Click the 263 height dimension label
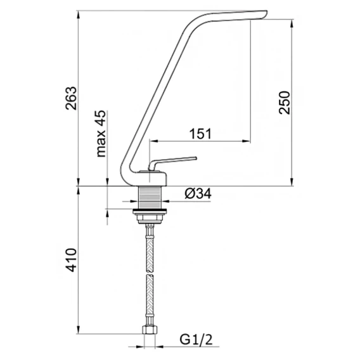71,98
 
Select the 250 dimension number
285,103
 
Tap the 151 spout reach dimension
200,134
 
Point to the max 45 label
101,134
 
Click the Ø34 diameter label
198,194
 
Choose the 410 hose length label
71,260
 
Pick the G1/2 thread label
196,340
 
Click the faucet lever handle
172,162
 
